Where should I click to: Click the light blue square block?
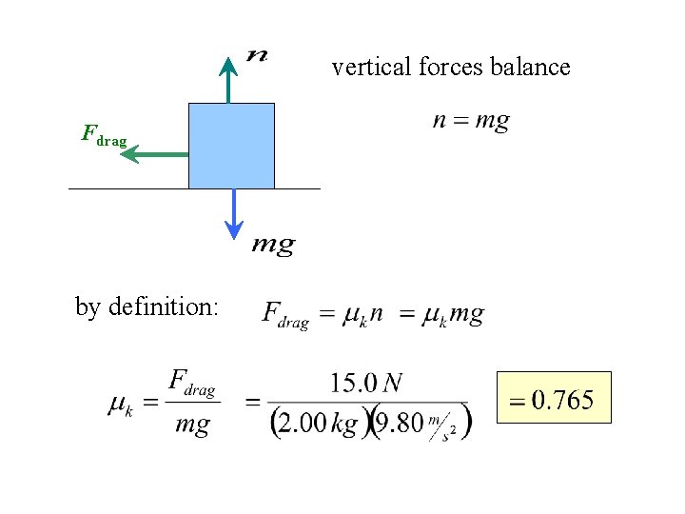tap(231, 146)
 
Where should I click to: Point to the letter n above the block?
tap(256, 54)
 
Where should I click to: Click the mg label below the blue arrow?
tap(273, 245)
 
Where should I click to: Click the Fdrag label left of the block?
tap(104, 136)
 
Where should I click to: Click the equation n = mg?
tap(470, 122)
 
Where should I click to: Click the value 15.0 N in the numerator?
tap(365, 383)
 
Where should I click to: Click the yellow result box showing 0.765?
tap(554, 398)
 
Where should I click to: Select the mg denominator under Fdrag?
tap(192, 425)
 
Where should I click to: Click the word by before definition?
tap(88, 306)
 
